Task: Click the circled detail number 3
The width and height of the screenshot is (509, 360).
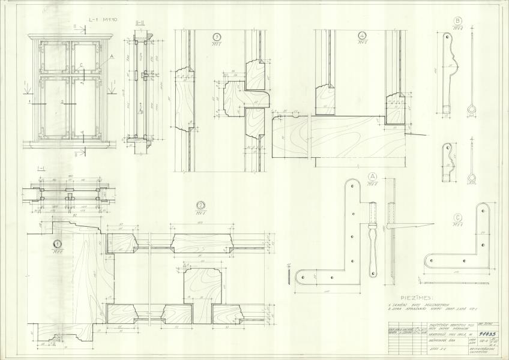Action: tap(215, 37)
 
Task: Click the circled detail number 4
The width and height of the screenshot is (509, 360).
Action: tap(362, 35)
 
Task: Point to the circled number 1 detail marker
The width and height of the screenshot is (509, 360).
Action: tap(58, 244)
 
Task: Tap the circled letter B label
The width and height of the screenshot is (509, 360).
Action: tap(457, 21)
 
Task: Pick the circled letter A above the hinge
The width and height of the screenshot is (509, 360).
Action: tap(372, 176)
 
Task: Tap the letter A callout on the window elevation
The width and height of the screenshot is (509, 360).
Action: tap(111, 56)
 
